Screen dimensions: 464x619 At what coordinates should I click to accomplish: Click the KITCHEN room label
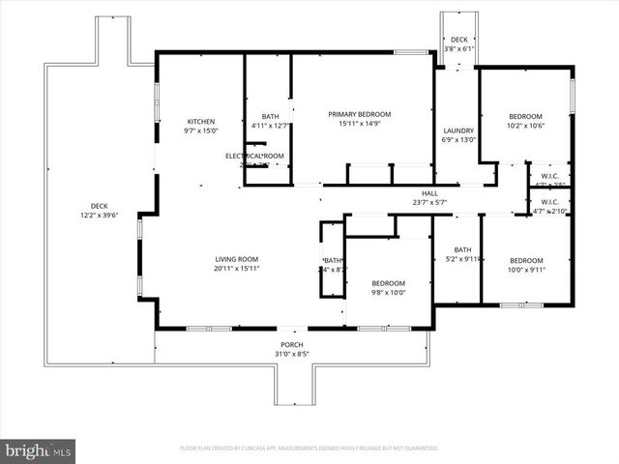coord(201,121)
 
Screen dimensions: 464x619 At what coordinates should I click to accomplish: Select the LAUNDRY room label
coord(457,130)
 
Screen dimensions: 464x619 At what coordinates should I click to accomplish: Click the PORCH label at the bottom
coord(292,345)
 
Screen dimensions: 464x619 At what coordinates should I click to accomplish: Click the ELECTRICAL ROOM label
coord(253,156)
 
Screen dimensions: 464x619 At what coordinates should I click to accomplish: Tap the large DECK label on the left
coord(100,205)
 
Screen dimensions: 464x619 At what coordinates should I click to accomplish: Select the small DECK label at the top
coord(458,40)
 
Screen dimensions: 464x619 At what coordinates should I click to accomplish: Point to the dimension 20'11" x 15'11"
coord(237,269)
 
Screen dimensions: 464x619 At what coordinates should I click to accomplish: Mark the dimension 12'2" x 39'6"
coord(100,215)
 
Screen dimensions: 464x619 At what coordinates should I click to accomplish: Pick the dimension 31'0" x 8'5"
coord(292,355)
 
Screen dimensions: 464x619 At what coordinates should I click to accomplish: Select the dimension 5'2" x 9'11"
coord(462,258)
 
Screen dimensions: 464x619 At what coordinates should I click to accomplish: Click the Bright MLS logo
coord(39,449)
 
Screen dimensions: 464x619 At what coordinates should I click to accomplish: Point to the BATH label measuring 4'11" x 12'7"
coord(270,116)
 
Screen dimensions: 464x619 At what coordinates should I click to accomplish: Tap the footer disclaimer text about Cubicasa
coord(309,449)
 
